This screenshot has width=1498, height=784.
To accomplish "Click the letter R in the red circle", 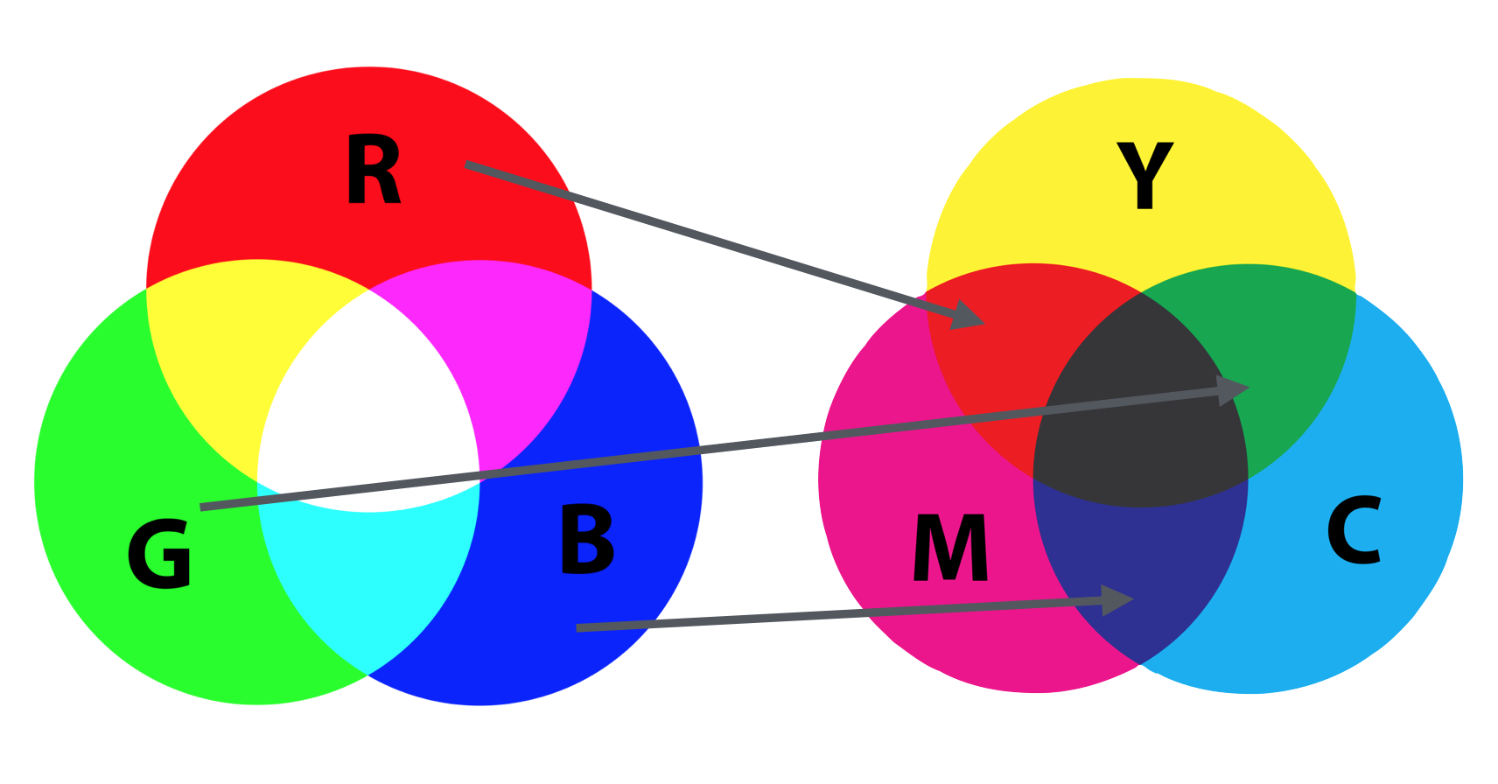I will [373, 171].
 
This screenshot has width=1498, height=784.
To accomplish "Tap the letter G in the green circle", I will [159, 553].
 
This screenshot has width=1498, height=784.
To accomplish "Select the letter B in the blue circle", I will [586, 540].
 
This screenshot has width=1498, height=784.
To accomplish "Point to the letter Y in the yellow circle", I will [1144, 176].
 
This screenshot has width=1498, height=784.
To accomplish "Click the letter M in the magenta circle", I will [951, 548].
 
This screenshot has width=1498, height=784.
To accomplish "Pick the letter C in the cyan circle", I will [1354, 531].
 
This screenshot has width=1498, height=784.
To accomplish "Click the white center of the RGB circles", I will [367, 394].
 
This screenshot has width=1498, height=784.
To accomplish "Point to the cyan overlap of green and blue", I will [367, 577].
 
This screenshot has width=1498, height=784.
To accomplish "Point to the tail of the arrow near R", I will [470, 164].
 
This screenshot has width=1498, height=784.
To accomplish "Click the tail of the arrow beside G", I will [204, 507].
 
